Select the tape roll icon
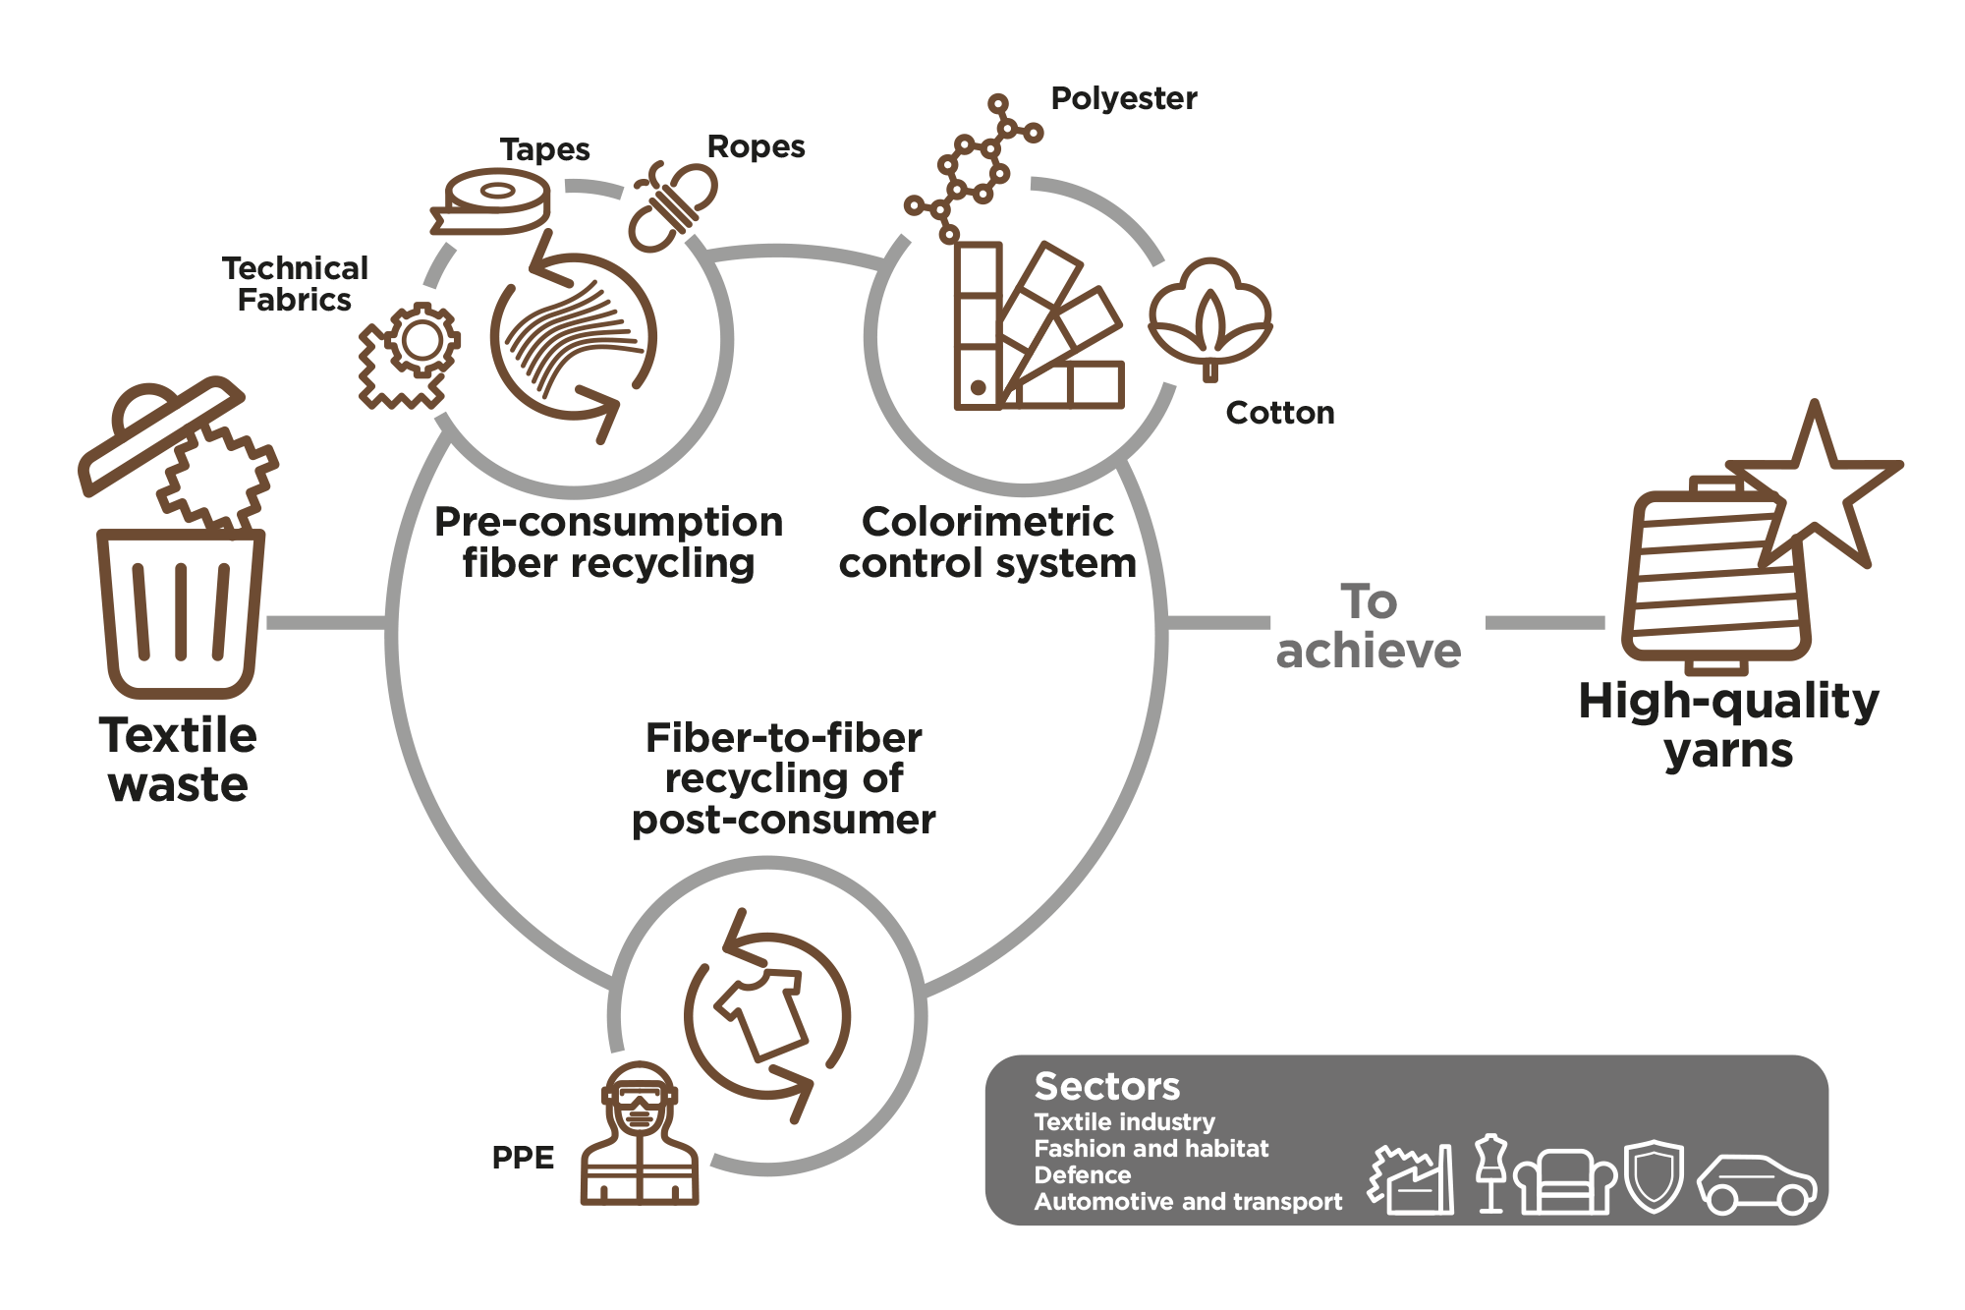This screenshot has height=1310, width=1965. tap(491, 202)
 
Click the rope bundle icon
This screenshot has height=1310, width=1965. tap(673, 206)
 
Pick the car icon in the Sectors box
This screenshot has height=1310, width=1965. tap(1758, 1183)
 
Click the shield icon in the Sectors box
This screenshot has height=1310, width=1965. tap(1655, 1175)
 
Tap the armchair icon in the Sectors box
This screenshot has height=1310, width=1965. tap(1565, 1182)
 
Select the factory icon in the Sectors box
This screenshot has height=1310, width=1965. tap(1412, 1179)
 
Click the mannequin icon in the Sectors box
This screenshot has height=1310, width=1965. tap(1491, 1173)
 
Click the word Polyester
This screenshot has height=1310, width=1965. tap(1124, 98)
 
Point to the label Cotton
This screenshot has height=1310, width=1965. tap(1280, 413)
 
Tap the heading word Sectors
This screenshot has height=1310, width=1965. tap(1107, 1087)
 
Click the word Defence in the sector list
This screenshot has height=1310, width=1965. tap(1083, 1175)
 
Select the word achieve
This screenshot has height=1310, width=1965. tap(1369, 651)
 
